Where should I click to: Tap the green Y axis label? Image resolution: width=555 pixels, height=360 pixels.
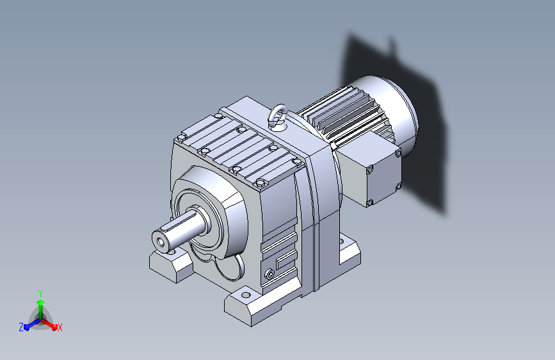[40, 293]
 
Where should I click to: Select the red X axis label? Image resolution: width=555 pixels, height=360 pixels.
[60, 328]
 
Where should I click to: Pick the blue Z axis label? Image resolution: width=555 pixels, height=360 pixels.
[21, 327]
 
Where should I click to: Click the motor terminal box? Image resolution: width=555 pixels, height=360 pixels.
[371, 168]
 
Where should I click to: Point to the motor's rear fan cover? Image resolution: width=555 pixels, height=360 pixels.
[396, 109]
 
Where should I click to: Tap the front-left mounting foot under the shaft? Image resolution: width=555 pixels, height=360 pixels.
[171, 264]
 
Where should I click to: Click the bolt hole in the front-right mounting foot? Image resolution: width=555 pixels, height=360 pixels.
[246, 295]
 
